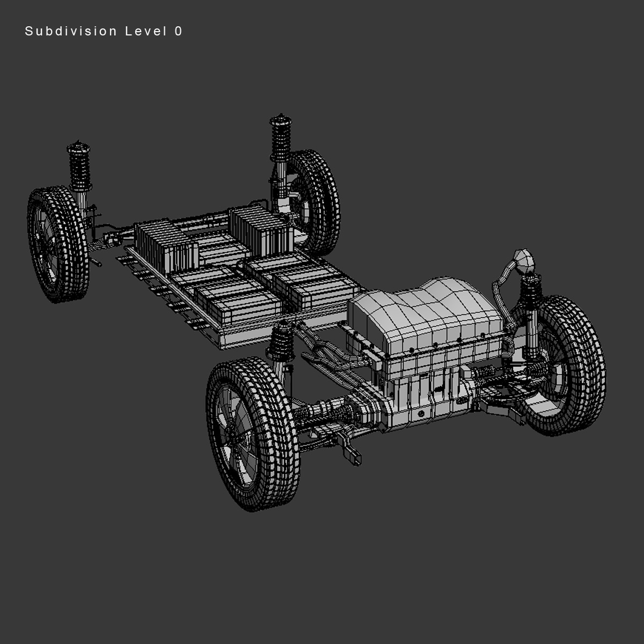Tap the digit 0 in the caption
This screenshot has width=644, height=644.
178,32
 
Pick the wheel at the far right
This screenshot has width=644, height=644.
563,365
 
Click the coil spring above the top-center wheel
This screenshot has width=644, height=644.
280,137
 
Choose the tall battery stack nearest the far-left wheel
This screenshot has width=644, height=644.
164,244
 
